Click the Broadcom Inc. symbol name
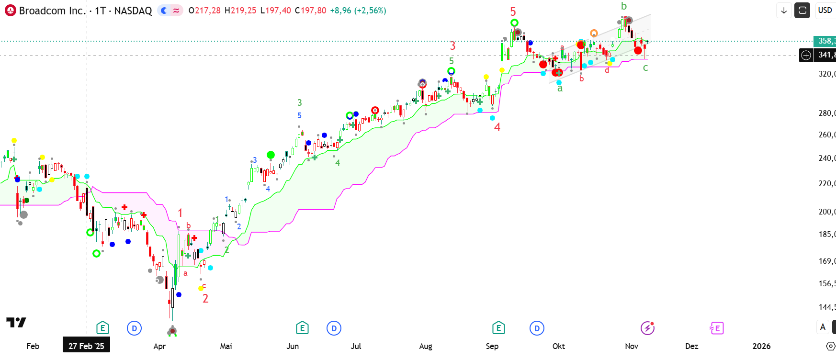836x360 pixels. [52, 11]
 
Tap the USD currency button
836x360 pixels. [825, 10]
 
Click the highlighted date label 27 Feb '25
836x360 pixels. [86, 346]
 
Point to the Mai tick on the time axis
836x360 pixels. [226, 346]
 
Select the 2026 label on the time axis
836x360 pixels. [761, 346]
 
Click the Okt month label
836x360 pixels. [558, 346]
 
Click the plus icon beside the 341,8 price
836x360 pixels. [806, 55]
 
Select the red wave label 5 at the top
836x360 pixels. [513, 12]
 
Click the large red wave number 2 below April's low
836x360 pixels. [205, 299]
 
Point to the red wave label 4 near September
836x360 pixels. [497, 127]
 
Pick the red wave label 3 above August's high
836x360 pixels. [452, 46]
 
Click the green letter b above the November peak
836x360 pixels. [623, 6]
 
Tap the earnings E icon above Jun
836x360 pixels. [302, 328]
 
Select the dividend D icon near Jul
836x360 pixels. [334, 328]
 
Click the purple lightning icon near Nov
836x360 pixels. [647, 328]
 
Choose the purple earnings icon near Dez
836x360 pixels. [716, 328]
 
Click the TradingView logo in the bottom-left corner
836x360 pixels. [16, 322]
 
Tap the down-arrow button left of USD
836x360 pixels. [784, 10]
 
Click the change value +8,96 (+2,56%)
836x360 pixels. [358, 11]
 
